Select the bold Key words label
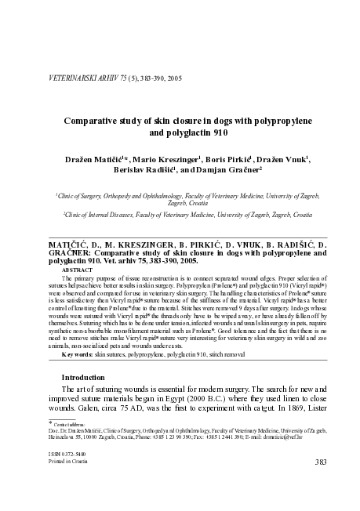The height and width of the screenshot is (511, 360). [x=78, y=355]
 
